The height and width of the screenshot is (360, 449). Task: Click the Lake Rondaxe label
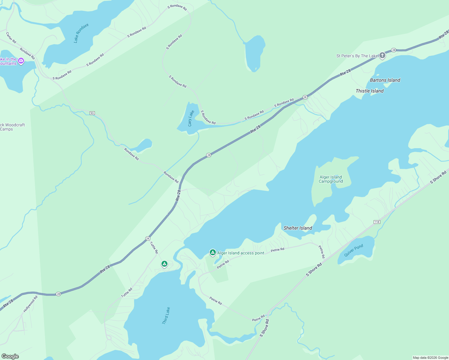pyautogui.click(x=81, y=33)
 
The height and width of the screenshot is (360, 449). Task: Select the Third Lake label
pyautogui.click(x=166, y=315)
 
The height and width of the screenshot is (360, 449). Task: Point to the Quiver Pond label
pyautogui.click(x=354, y=250)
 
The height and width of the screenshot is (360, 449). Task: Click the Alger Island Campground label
pyautogui.click(x=331, y=179)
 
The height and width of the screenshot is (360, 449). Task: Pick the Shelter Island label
pyautogui.click(x=298, y=228)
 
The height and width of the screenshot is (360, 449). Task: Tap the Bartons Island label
pyautogui.click(x=385, y=80)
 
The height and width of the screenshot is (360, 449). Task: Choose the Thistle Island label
pyautogui.click(x=369, y=91)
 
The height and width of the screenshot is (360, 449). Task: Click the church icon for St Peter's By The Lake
pyautogui.click(x=382, y=55)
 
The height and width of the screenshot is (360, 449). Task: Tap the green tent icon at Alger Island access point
pyautogui.click(x=212, y=253)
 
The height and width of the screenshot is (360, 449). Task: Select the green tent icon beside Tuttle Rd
pyautogui.click(x=164, y=264)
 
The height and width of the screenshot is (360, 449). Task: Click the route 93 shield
pyautogui.click(x=92, y=113)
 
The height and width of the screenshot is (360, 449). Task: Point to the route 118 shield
pyautogui.click(x=377, y=222)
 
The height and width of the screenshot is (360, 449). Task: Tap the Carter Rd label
pyautogui.click(x=11, y=37)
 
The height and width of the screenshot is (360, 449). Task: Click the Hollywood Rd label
pyautogui.click(x=31, y=304)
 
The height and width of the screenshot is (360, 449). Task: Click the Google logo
pyautogui.click(x=10, y=356)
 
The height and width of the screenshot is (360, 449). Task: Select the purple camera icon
pyautogui.click(x=21, y=61)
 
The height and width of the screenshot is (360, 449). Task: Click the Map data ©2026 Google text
pyautogui.click(x=430, y=358)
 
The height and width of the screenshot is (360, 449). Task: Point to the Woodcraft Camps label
pyautogui.click(x=12, y=127)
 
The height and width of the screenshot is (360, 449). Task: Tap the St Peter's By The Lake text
pyautogui.click(x=357, y=56)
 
